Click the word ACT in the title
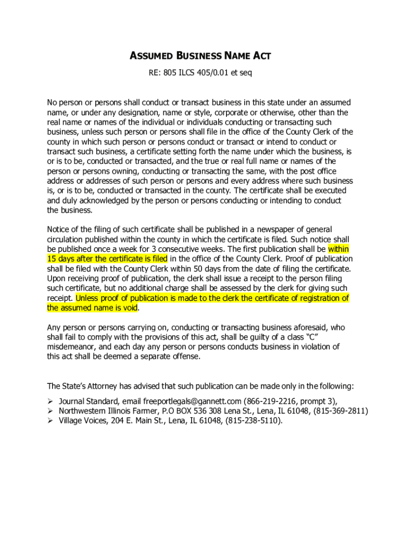coord(260,56)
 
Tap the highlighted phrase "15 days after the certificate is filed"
coord(107,259)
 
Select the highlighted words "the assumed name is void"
coord(92,308)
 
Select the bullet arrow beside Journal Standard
coord(51,401)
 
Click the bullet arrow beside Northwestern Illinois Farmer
coord(51,411)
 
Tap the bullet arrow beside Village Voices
coord(51,421)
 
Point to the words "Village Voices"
coord(83,421)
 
